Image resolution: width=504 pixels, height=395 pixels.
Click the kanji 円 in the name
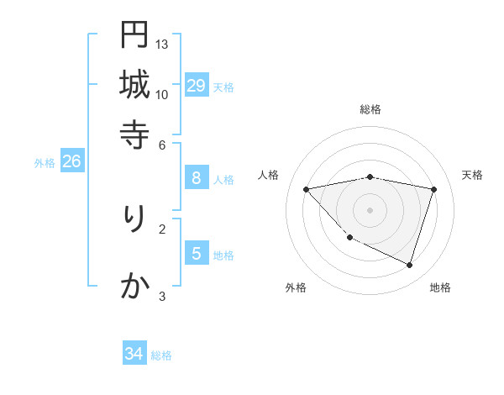pyautogui.click(x=134, y=35)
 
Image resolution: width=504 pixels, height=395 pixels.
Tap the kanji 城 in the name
pyautogui.click(x=134, y=84)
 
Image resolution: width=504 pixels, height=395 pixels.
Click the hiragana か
pyautogui.click(x=134, y=287)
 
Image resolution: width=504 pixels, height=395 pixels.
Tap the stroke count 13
pyautogui.click(x=162, y=44)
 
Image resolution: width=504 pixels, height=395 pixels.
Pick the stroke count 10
pyautogui.click(x=162, y=93)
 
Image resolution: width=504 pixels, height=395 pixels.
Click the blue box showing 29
pyautogui.click(x=196, y=86)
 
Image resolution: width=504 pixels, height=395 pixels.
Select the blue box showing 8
pyautogui.click(x=196, y=177)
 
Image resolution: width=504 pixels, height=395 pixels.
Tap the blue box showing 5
pyautogui.click(x=196, y=253)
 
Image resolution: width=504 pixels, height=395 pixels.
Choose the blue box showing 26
pyautogui.click(x=71, y=161)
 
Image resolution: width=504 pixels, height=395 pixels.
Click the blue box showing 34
pyautogui.click(x=134, y=354)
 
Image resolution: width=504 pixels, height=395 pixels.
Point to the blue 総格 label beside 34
pyautogui.click(x=161, y=355)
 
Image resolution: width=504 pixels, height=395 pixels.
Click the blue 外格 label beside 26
pyautogui.click(x=45, y=163)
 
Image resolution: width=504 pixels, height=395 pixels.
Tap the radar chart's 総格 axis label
pyautogui.click(x=370, y=109)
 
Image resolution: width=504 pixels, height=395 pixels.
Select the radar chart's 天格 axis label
pyautogui.click(x=473, y=175)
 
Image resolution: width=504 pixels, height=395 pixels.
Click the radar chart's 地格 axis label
pyautogui.click(x=440, y=287)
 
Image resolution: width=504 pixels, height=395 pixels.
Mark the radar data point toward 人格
pyautogui.click(x=307, y=189)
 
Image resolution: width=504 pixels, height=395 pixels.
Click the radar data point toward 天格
pyautogui.click(x=433, y=189)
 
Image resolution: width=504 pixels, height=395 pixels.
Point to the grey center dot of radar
pyautogui.click(x=370, y=209)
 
